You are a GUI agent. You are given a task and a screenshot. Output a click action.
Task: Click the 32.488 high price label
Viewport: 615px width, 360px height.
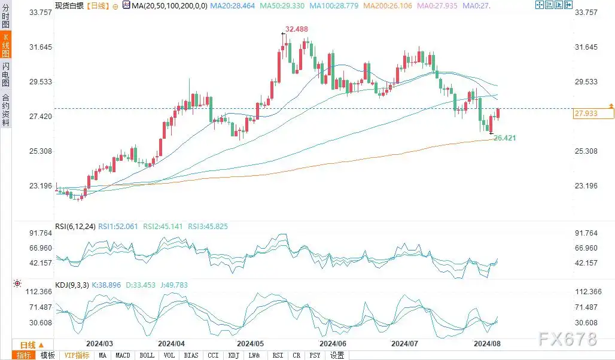297,29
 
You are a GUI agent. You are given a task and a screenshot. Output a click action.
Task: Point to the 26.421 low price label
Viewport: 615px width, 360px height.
504,138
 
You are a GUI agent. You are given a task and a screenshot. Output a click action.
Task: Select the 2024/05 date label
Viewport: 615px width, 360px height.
250,344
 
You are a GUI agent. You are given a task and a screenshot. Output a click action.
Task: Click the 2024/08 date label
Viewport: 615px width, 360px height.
487,344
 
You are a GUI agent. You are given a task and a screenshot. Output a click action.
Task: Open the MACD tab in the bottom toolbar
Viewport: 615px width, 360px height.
123,355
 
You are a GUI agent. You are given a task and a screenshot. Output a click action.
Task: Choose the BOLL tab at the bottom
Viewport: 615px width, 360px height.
147,355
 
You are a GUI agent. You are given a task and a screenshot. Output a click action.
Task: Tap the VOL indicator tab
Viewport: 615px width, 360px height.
169,355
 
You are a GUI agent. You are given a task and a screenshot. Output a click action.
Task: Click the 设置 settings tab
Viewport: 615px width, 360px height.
337,355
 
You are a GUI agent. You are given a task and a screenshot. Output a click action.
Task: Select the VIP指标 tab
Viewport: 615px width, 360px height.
77,355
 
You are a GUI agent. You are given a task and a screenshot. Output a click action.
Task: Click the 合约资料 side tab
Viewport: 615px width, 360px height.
5,110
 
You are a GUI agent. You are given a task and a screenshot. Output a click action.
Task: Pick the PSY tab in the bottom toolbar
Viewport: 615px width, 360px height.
314,355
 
